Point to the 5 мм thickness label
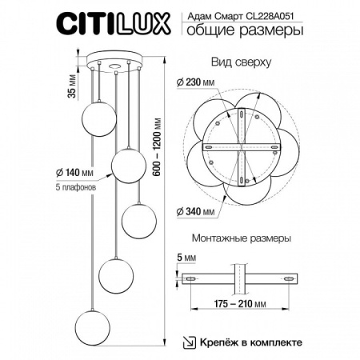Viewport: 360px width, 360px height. [184, 258]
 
